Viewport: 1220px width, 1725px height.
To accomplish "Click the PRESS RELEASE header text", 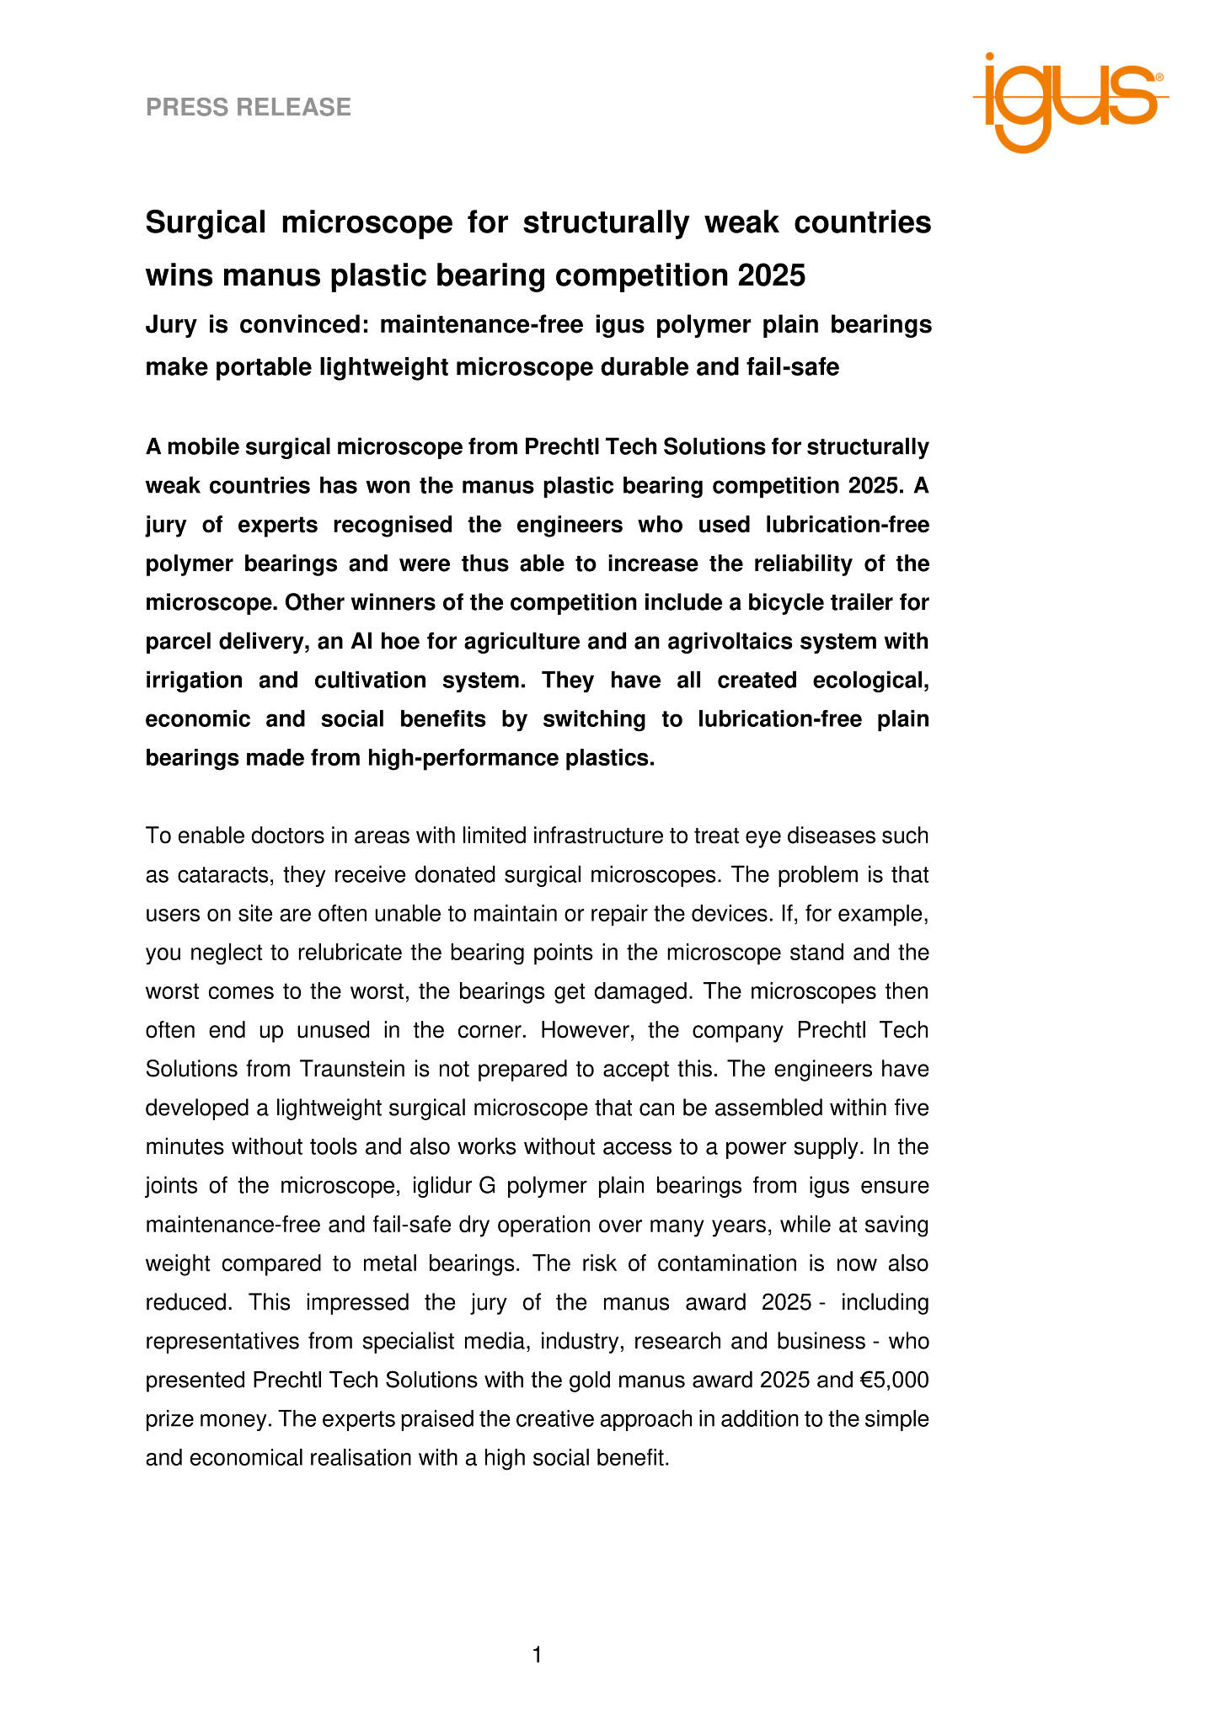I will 249,107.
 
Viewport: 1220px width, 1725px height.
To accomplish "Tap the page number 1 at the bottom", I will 538,1655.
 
